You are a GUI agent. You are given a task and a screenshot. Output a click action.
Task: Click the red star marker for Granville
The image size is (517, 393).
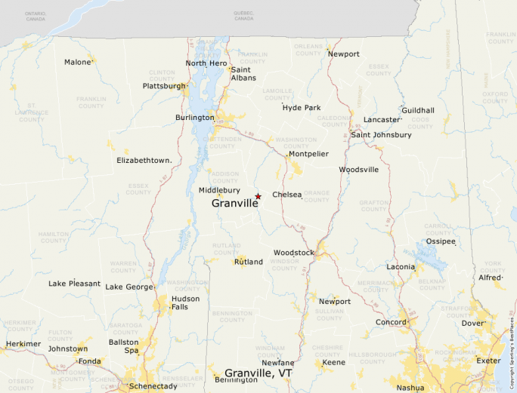[258, 196]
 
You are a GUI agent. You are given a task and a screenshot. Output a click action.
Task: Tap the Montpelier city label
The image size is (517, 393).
[308, 154]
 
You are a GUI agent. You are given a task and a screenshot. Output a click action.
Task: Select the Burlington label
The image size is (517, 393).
[195, 118]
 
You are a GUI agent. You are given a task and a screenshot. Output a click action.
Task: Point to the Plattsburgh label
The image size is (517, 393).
[164, 86]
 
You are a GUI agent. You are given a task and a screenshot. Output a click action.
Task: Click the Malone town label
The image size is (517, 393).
[77, 62]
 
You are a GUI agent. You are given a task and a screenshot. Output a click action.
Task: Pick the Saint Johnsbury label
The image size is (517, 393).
[382, 135]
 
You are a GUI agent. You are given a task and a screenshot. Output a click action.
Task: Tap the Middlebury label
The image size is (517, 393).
[219, 191]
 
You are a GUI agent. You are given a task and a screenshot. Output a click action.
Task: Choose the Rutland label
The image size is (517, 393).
[249, 262]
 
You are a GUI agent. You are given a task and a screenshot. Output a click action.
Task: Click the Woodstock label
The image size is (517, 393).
[293, 252]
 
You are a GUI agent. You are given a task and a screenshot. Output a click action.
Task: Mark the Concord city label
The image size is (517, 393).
[392, 322]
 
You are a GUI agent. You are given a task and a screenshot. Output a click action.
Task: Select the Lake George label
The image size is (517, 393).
[128, 287]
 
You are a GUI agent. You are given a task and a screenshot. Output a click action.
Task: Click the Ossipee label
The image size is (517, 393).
[441, 241]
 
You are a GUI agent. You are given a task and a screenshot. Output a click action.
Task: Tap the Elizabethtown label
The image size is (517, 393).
[144, 161]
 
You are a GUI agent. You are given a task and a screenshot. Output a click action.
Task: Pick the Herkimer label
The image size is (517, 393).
[23, 344]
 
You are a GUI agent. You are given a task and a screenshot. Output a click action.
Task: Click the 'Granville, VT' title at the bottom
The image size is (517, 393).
[258, 373]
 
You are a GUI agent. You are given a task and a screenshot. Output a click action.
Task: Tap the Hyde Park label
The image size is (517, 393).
[302, 108]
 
